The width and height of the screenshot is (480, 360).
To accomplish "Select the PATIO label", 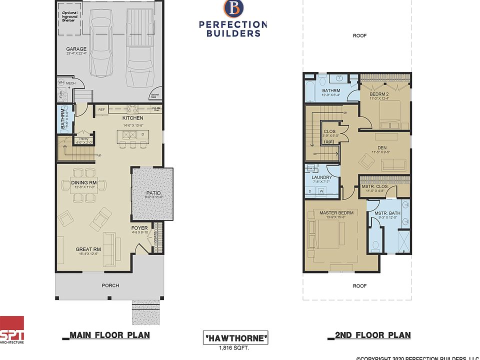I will pos(153,192).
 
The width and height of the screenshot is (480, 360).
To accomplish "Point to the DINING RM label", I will pos(84,183).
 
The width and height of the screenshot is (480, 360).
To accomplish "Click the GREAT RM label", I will pos(88,249).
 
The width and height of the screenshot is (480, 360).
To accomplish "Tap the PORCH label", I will pos(110,285).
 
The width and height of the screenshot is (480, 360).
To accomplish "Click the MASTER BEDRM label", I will pos(336,213).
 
